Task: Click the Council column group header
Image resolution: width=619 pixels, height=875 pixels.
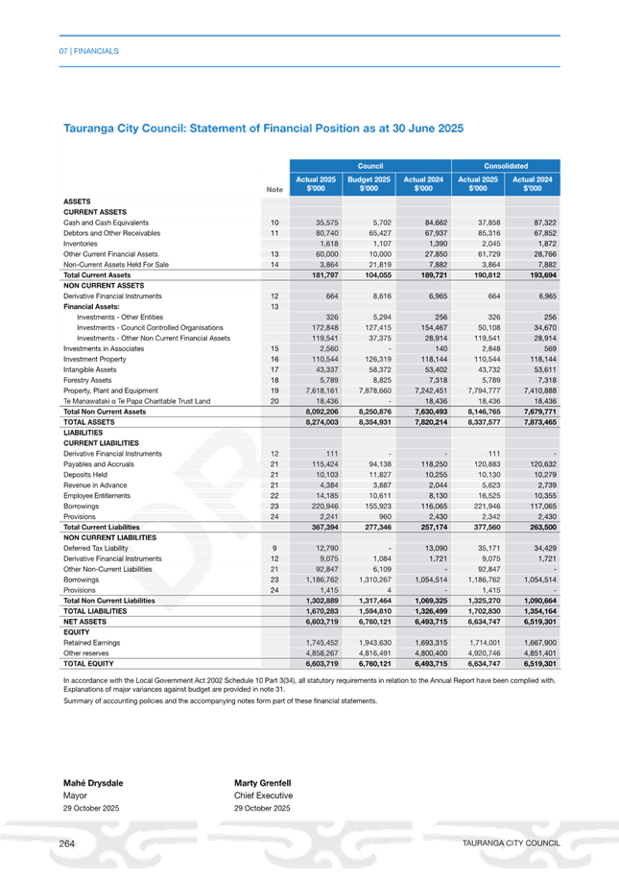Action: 369,166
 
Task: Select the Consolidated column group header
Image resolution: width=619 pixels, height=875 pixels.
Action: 507,166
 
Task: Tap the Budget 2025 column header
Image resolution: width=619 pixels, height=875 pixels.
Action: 369,183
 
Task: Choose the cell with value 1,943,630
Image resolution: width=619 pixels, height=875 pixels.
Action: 369,642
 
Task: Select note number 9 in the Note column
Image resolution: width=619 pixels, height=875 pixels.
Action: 274,548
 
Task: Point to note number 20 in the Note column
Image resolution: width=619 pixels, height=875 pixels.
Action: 274,401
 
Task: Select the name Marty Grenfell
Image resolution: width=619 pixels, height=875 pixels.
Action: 263,784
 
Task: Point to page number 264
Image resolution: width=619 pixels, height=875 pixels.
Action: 67,841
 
